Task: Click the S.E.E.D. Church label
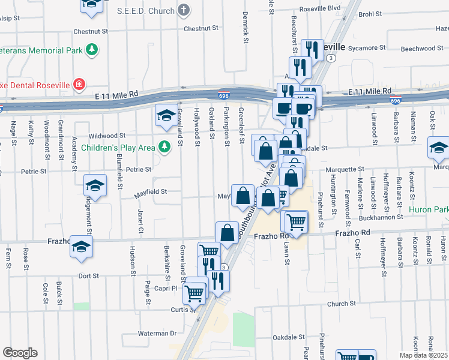(146, 10)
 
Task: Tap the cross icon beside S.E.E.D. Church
(184, 10)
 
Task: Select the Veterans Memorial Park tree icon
(92, 50)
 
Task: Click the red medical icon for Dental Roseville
(79, 84)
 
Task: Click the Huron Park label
(428, 210)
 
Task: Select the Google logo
(20, 353)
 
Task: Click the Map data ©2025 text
(424, 355)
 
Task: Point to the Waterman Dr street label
(157, 333)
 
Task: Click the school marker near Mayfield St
(95, 185)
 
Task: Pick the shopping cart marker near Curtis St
(194, 293)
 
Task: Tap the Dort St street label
(88, 276)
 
